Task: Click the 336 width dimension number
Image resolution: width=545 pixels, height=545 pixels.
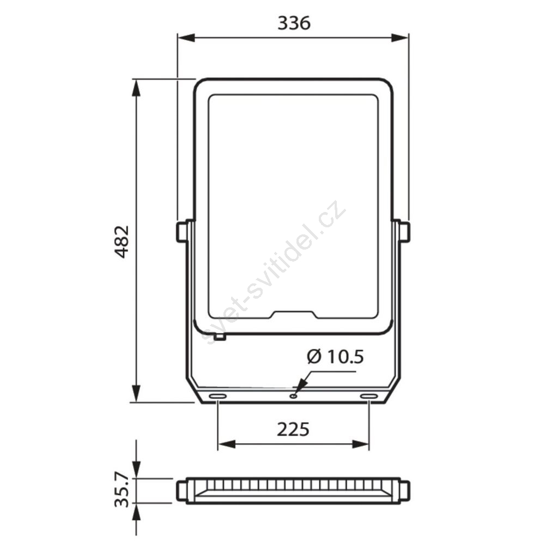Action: (294, 23)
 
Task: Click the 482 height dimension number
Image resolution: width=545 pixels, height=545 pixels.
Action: (122, 241)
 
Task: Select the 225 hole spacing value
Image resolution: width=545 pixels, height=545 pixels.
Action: (293, 429)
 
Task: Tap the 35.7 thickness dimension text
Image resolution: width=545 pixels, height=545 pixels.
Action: (122, 492)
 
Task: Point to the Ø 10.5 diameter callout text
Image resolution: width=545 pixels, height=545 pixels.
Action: (335, 356)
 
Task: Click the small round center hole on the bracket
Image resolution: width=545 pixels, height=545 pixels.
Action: (294, 396)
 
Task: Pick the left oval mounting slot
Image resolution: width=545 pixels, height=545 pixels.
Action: (217, 396)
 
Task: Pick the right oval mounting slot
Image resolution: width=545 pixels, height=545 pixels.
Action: (369, 396)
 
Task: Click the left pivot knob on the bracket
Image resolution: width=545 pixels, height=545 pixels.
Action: (182, 232)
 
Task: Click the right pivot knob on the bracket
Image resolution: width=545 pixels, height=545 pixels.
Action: (404, 232)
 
